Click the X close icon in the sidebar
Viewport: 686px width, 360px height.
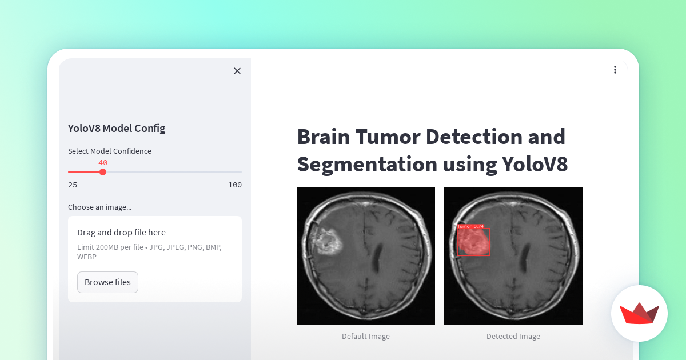coord(237,71)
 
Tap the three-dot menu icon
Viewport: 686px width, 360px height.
coord(615,70)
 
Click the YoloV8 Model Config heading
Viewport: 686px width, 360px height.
coord(117,128)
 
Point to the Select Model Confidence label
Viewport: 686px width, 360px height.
coord(110,151)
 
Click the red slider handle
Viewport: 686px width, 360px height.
coord(103,171)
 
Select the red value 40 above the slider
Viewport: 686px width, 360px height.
coord(103,162)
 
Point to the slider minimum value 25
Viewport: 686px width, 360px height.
coord(73,185)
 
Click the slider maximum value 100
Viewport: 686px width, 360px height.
coord(235,185)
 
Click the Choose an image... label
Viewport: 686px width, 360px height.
coord(99,207)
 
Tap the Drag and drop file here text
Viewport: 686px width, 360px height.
coord(121,232)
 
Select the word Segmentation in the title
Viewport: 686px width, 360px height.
coord(366,165)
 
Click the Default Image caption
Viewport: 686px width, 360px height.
coord(366,336)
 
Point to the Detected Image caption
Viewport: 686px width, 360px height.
coord(513,336)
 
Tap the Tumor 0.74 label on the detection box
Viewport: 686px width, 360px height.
coord(470,226)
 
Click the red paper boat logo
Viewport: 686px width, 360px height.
coord(639,314)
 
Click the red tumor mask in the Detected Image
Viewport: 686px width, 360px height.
coord(474,242)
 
